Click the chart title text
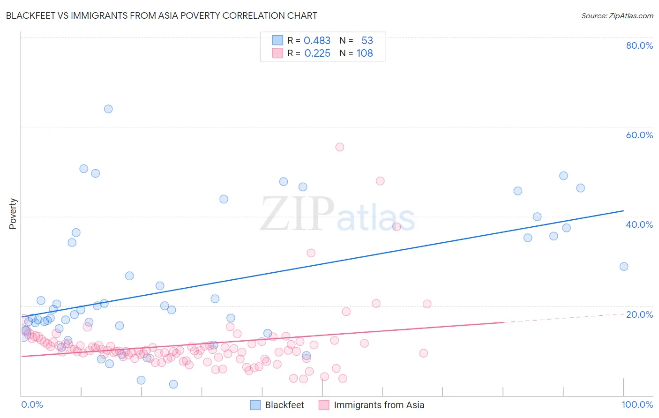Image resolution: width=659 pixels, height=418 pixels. (162, 15)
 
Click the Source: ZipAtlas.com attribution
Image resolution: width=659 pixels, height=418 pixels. (617, 15)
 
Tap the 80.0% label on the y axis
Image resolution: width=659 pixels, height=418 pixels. (639, 45)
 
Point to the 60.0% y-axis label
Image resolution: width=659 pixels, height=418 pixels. (639, 135)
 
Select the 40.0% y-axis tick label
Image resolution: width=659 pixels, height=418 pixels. (639, 224)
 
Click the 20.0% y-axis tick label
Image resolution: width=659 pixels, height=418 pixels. (639, 314)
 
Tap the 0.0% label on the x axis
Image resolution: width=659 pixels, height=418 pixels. (32, 404)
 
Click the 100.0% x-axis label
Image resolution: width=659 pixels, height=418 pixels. (637, 404)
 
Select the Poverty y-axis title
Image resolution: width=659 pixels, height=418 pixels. (13, 214)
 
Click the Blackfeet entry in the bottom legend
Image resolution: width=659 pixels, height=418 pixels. (284, 405)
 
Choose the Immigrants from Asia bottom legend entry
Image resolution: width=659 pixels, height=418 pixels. (379, 405)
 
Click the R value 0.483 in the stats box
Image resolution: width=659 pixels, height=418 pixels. (317, 40)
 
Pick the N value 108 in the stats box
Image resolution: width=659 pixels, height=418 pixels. (365, 53)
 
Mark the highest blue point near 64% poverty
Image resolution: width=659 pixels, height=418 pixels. (108, 109)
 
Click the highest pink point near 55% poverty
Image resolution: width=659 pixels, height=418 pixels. (340, 147)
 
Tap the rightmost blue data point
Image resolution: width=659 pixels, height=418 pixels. (624, 266)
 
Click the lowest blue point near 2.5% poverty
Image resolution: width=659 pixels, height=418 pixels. (173, 384)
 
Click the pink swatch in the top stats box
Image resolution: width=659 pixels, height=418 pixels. (277, 53)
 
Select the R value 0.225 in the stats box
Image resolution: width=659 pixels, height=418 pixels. (317, 53)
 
